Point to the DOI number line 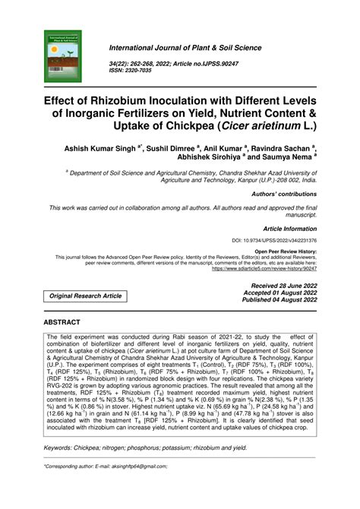click(274, 240)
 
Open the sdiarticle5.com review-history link click(264, 268)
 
